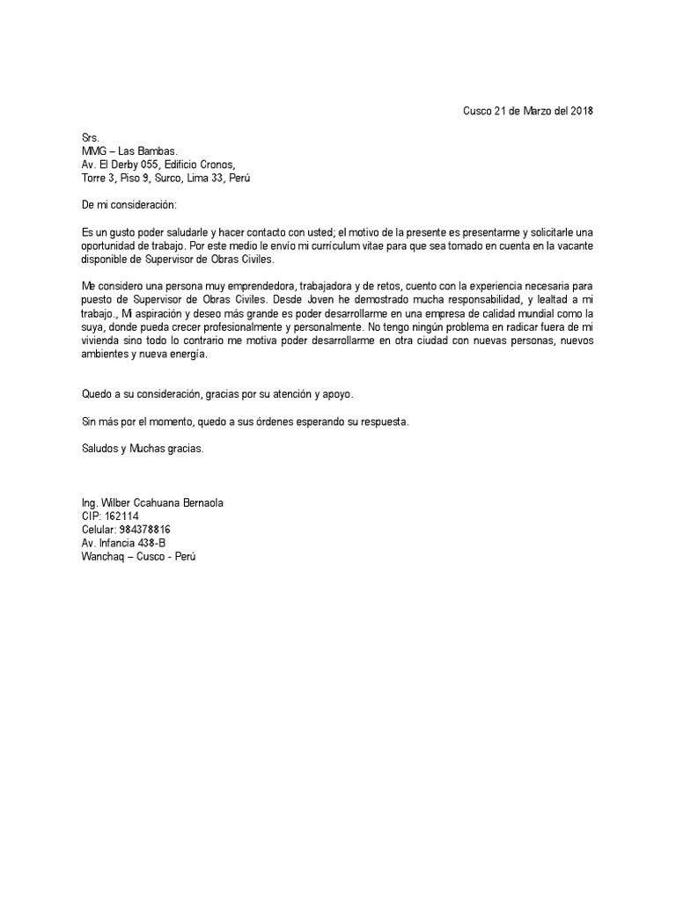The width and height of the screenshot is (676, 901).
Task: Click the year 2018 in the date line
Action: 583,111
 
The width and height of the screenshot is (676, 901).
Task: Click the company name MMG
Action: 93,151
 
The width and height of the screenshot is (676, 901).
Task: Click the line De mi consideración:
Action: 129,204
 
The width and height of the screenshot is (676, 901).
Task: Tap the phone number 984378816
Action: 143,530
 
